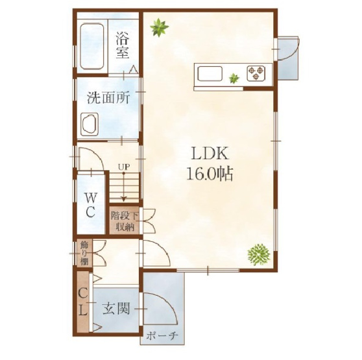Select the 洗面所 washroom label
click(108, 98)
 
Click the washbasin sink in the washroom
click(88, 123)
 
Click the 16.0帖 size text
click(209, 174)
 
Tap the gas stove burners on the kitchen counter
click(258, 71)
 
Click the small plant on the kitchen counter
click(234, 78)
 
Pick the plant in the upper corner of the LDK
click(159, 27)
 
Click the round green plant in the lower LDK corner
click(258, 253)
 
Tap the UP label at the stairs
click(123, 167)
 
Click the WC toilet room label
click(90, 204)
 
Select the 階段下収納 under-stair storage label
click(123, 221)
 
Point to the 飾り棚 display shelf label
click(84, 253)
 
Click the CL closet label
click(83, 302)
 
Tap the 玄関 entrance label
click(117, 308)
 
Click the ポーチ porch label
click(162, 336)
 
